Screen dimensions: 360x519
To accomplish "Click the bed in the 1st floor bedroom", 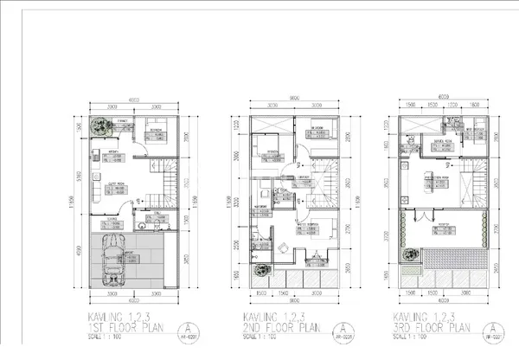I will (157, 126).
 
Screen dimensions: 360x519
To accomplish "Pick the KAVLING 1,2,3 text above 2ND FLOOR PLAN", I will (266, 318).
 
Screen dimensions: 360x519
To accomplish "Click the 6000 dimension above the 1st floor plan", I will (133, 97).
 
